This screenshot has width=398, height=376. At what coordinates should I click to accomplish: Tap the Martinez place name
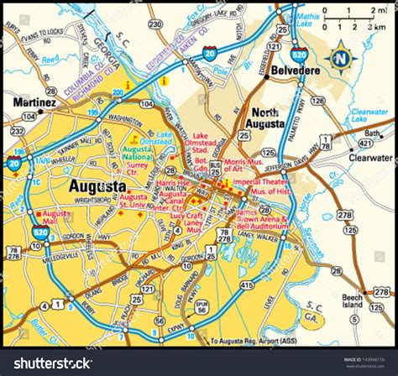(x=34, y=102)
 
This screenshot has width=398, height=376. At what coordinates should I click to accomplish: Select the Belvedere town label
(x=295, y=73)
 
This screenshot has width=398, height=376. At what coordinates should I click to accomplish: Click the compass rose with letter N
(x=341, y=59)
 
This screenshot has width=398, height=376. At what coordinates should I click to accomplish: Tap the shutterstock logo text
(x=50, y=363)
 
